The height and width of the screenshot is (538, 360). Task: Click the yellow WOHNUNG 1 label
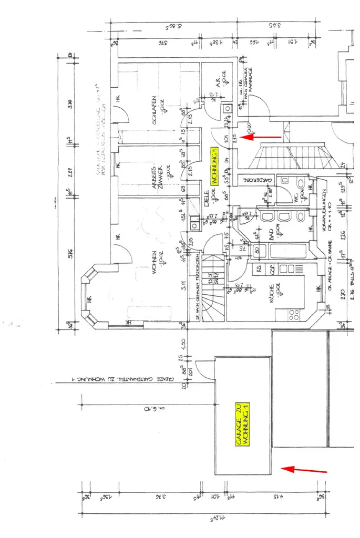pos(214,165)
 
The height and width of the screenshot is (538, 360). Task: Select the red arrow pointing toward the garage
pos(305,469)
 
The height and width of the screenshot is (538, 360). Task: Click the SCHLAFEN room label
pos(154,108)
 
